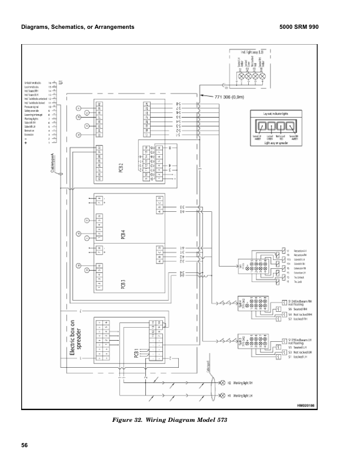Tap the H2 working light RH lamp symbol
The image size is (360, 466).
coord(223,382)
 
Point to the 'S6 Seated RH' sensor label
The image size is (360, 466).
coord(298,309)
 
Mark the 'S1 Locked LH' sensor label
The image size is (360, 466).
coord(298,357)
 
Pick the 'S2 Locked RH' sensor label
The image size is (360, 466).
coord(298,318)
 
